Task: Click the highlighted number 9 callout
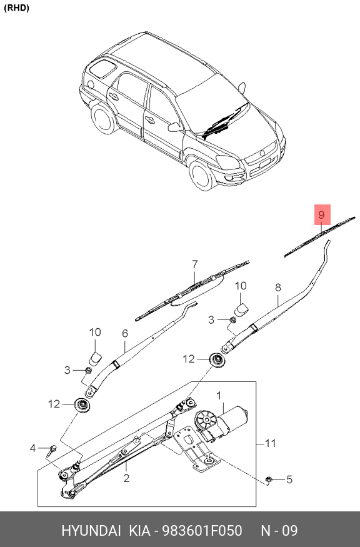pyautogui.click(x=322, y=215)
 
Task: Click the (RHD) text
pyautogui.click(x=17, y=8)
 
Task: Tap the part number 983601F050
pyautogui.click(x=202, y=531)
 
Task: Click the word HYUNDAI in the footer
pyautogui.click(x=91, y=531)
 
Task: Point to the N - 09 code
pyautogui.click(x=279, y=531)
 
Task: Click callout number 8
pyautogui.click(x=278, y=288)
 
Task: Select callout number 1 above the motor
pyautogui.click(x=219, y=395)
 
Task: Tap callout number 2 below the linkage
pyautogui.click(x=126, y=479)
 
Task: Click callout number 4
pyautogui.click(x=34, y=448)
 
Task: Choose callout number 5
pyautogui.click(x=289, y=479)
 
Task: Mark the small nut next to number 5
pyautogui.click(x=269, y=479)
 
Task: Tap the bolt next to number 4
pyautogui.click(x=52, y=448)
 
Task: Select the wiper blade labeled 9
pyautogui.click(x=319, y=236)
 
